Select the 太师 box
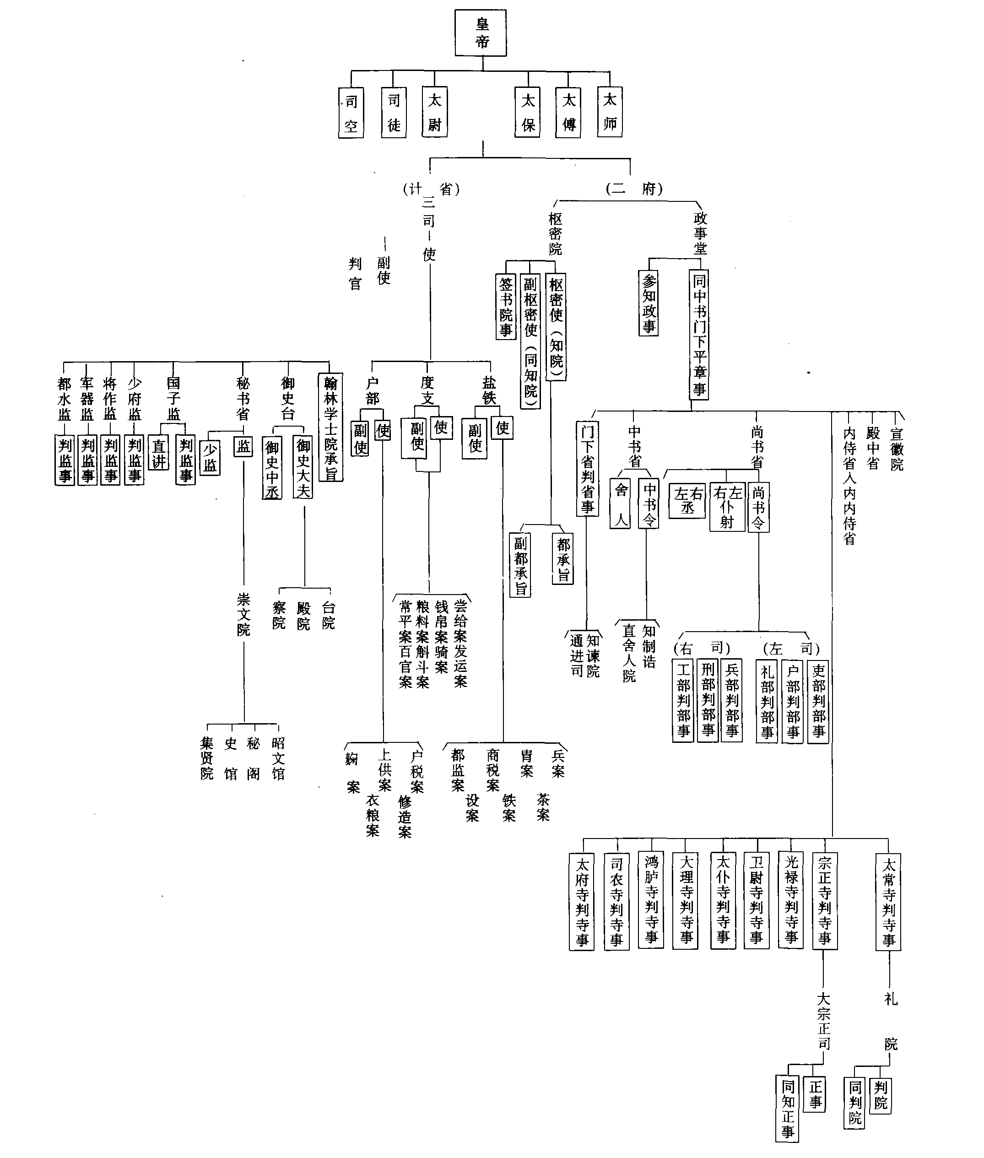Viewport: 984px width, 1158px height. pos(609,112)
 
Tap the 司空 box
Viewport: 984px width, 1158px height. pos(351,113)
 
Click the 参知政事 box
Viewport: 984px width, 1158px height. pos(648,303)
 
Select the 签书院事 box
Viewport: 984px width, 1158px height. pos(505,306)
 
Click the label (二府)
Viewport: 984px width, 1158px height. pos(634,189)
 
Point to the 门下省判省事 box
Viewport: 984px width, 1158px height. pos(587,469)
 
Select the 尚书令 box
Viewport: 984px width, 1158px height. pos(758,507)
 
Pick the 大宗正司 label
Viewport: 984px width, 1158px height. pos(824,1021)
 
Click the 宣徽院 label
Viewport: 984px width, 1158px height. pos(897,449)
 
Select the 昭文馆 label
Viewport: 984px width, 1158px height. pos(278,758)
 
